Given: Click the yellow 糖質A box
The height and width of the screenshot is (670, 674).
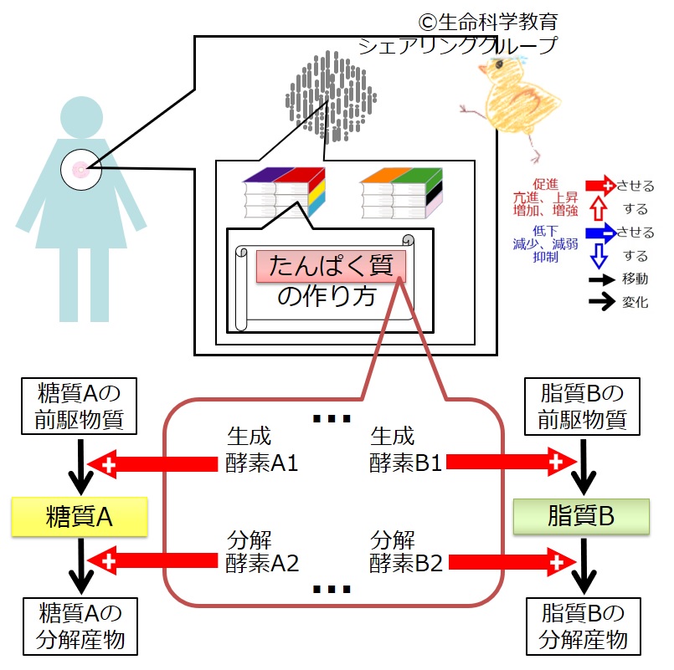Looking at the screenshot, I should pyautogui.click(x=80, y=517).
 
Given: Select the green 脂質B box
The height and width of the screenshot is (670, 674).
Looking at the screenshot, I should pyautogui.click(x=582, y=517).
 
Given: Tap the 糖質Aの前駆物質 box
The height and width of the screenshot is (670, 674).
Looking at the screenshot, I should pyautogui.click(x=80, y=407).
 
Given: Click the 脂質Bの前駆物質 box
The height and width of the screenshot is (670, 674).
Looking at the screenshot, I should pyautogui.click(x=583, y=407).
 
